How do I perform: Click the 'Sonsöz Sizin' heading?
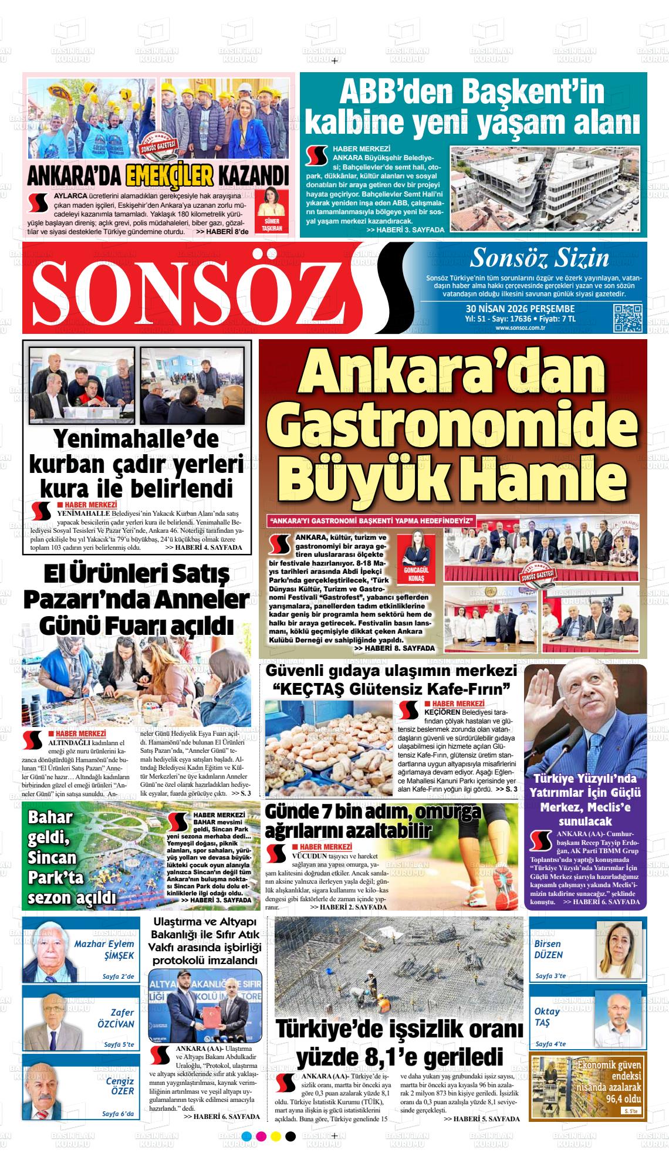(x=539, y=257)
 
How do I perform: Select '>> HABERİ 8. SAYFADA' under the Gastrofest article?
(x=394, y=648)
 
